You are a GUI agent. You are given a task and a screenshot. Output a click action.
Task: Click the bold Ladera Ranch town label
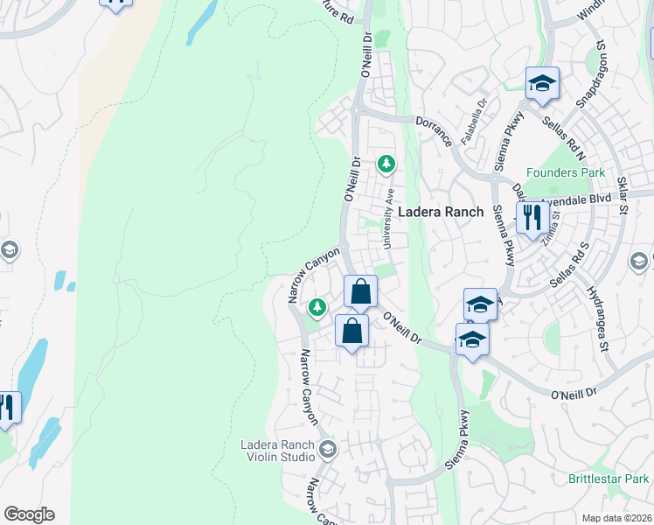click(x=441, y=213)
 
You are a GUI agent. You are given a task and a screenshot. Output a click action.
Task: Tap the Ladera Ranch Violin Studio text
click(x=278, y=451)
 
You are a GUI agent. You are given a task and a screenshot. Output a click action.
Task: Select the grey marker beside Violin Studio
click(x=328, y=450)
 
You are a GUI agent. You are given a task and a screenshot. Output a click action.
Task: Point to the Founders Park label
click(x=565, y=172)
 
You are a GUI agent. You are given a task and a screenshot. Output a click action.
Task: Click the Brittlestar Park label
click(x=609, y=479)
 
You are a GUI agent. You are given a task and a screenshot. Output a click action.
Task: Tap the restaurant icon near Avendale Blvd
click(x=532, y=217)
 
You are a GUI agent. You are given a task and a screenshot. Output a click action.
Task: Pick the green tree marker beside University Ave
click(x=386, y=164)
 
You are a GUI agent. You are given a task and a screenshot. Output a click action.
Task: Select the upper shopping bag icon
click(x=360, y=291)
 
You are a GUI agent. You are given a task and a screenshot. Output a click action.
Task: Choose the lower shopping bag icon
click(x=351, y=331)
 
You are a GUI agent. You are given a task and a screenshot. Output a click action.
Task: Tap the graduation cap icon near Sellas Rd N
click(x=542, y=84)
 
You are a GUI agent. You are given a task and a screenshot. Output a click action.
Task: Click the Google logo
click(x=29, y=514)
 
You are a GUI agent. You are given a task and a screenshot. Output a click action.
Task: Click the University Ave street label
click(x=391, y=211)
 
